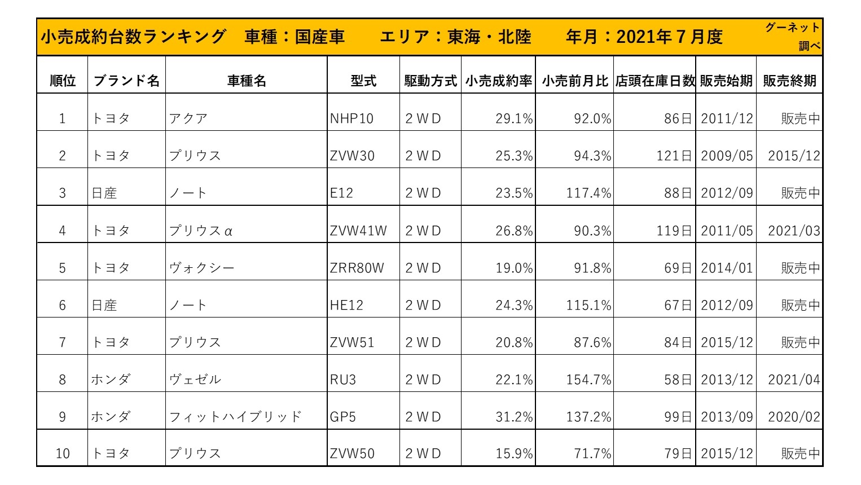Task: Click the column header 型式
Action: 363,81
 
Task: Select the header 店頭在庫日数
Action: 654,81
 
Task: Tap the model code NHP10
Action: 352,119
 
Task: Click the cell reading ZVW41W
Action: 358,231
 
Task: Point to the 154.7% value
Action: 588,380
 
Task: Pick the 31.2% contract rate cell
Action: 513,417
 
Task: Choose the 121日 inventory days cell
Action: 674,156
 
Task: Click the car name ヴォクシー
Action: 201,268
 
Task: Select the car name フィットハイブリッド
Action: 235,417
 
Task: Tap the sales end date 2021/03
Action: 793,231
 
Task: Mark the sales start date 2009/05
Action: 727,156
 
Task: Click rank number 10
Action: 63,453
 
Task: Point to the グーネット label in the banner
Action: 792,28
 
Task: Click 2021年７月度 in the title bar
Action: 669,37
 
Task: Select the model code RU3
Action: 343,380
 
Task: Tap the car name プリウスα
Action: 201,231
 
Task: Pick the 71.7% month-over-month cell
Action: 592,453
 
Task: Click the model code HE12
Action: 346,305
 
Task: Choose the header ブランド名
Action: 126,81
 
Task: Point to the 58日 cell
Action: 678,380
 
